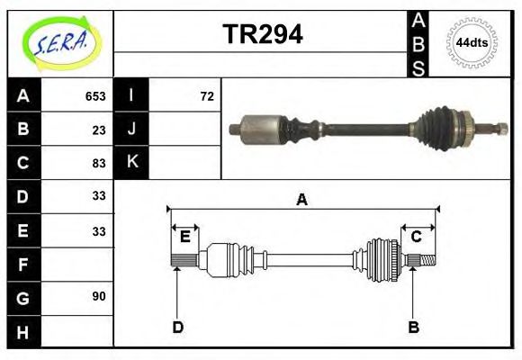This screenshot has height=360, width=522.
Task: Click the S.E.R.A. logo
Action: coord(60,42)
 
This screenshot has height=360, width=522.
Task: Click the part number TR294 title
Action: coord(262,35)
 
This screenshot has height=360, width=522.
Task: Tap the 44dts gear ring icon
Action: coord(472,42)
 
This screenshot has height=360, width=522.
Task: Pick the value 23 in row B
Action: coord(99,130)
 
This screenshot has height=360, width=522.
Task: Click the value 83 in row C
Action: coord(99,163)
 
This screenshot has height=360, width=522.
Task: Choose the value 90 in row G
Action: coord(99,296)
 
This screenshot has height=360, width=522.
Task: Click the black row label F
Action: coord(22,264)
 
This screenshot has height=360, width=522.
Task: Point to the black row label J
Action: coord(131,130)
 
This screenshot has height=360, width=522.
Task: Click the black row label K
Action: coord(131,163)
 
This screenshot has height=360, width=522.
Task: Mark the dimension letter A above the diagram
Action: coord(302,200)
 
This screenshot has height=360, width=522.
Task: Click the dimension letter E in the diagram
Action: coord(184,237)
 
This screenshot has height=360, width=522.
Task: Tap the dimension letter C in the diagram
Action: coord(417,237)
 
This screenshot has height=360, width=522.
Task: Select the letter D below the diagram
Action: coord(177,327)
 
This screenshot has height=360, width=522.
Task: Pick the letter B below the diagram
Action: coord(413,327)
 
